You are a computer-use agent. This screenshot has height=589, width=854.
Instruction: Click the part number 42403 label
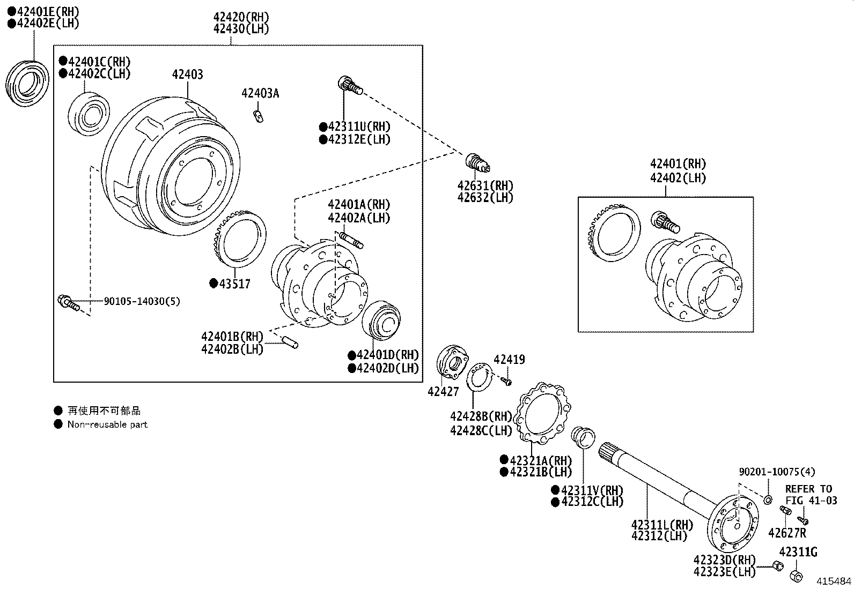[187, 74]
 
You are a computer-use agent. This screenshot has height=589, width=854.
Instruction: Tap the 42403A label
[260, 93]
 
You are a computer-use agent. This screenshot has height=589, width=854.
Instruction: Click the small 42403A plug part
[258, 116]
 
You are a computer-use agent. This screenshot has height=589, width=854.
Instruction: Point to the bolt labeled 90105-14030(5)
[68, 303]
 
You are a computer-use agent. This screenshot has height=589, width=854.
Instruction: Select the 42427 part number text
[443, 392]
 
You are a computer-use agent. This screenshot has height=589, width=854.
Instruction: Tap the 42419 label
[509, 360]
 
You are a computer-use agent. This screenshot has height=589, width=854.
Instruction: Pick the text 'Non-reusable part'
[107, 424]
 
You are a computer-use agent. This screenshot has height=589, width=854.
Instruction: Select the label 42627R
[787, 533]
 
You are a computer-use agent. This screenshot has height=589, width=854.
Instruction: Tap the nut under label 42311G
[796, 576]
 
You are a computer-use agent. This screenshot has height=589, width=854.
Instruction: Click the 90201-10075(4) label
[776, 472]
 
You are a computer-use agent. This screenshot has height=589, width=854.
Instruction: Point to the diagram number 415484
[834, 581]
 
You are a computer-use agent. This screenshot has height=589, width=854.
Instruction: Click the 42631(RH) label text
[485, 185]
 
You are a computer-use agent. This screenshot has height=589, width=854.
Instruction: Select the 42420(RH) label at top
[241, 17]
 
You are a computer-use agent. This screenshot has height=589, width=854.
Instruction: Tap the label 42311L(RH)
[662, 525]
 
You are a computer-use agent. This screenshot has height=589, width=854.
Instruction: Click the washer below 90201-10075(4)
[768, 499]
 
